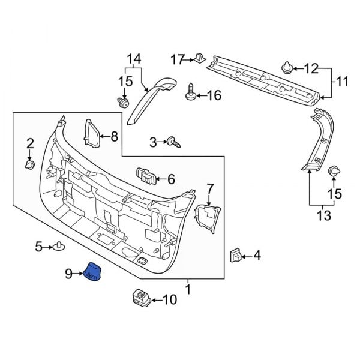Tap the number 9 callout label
pyautogui.click(x=69, y=274)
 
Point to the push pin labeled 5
pyautogui.click(x=59, y=246)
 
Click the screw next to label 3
pyautogui.click(x=174, y=142)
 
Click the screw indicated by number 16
pyautogui.click(x=192, y=93)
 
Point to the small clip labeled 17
pyautogui.click(x=198, y=59)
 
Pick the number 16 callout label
pyautogui.click(x=214, y=95)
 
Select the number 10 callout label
pyautogui.click(x=170, y=299)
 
